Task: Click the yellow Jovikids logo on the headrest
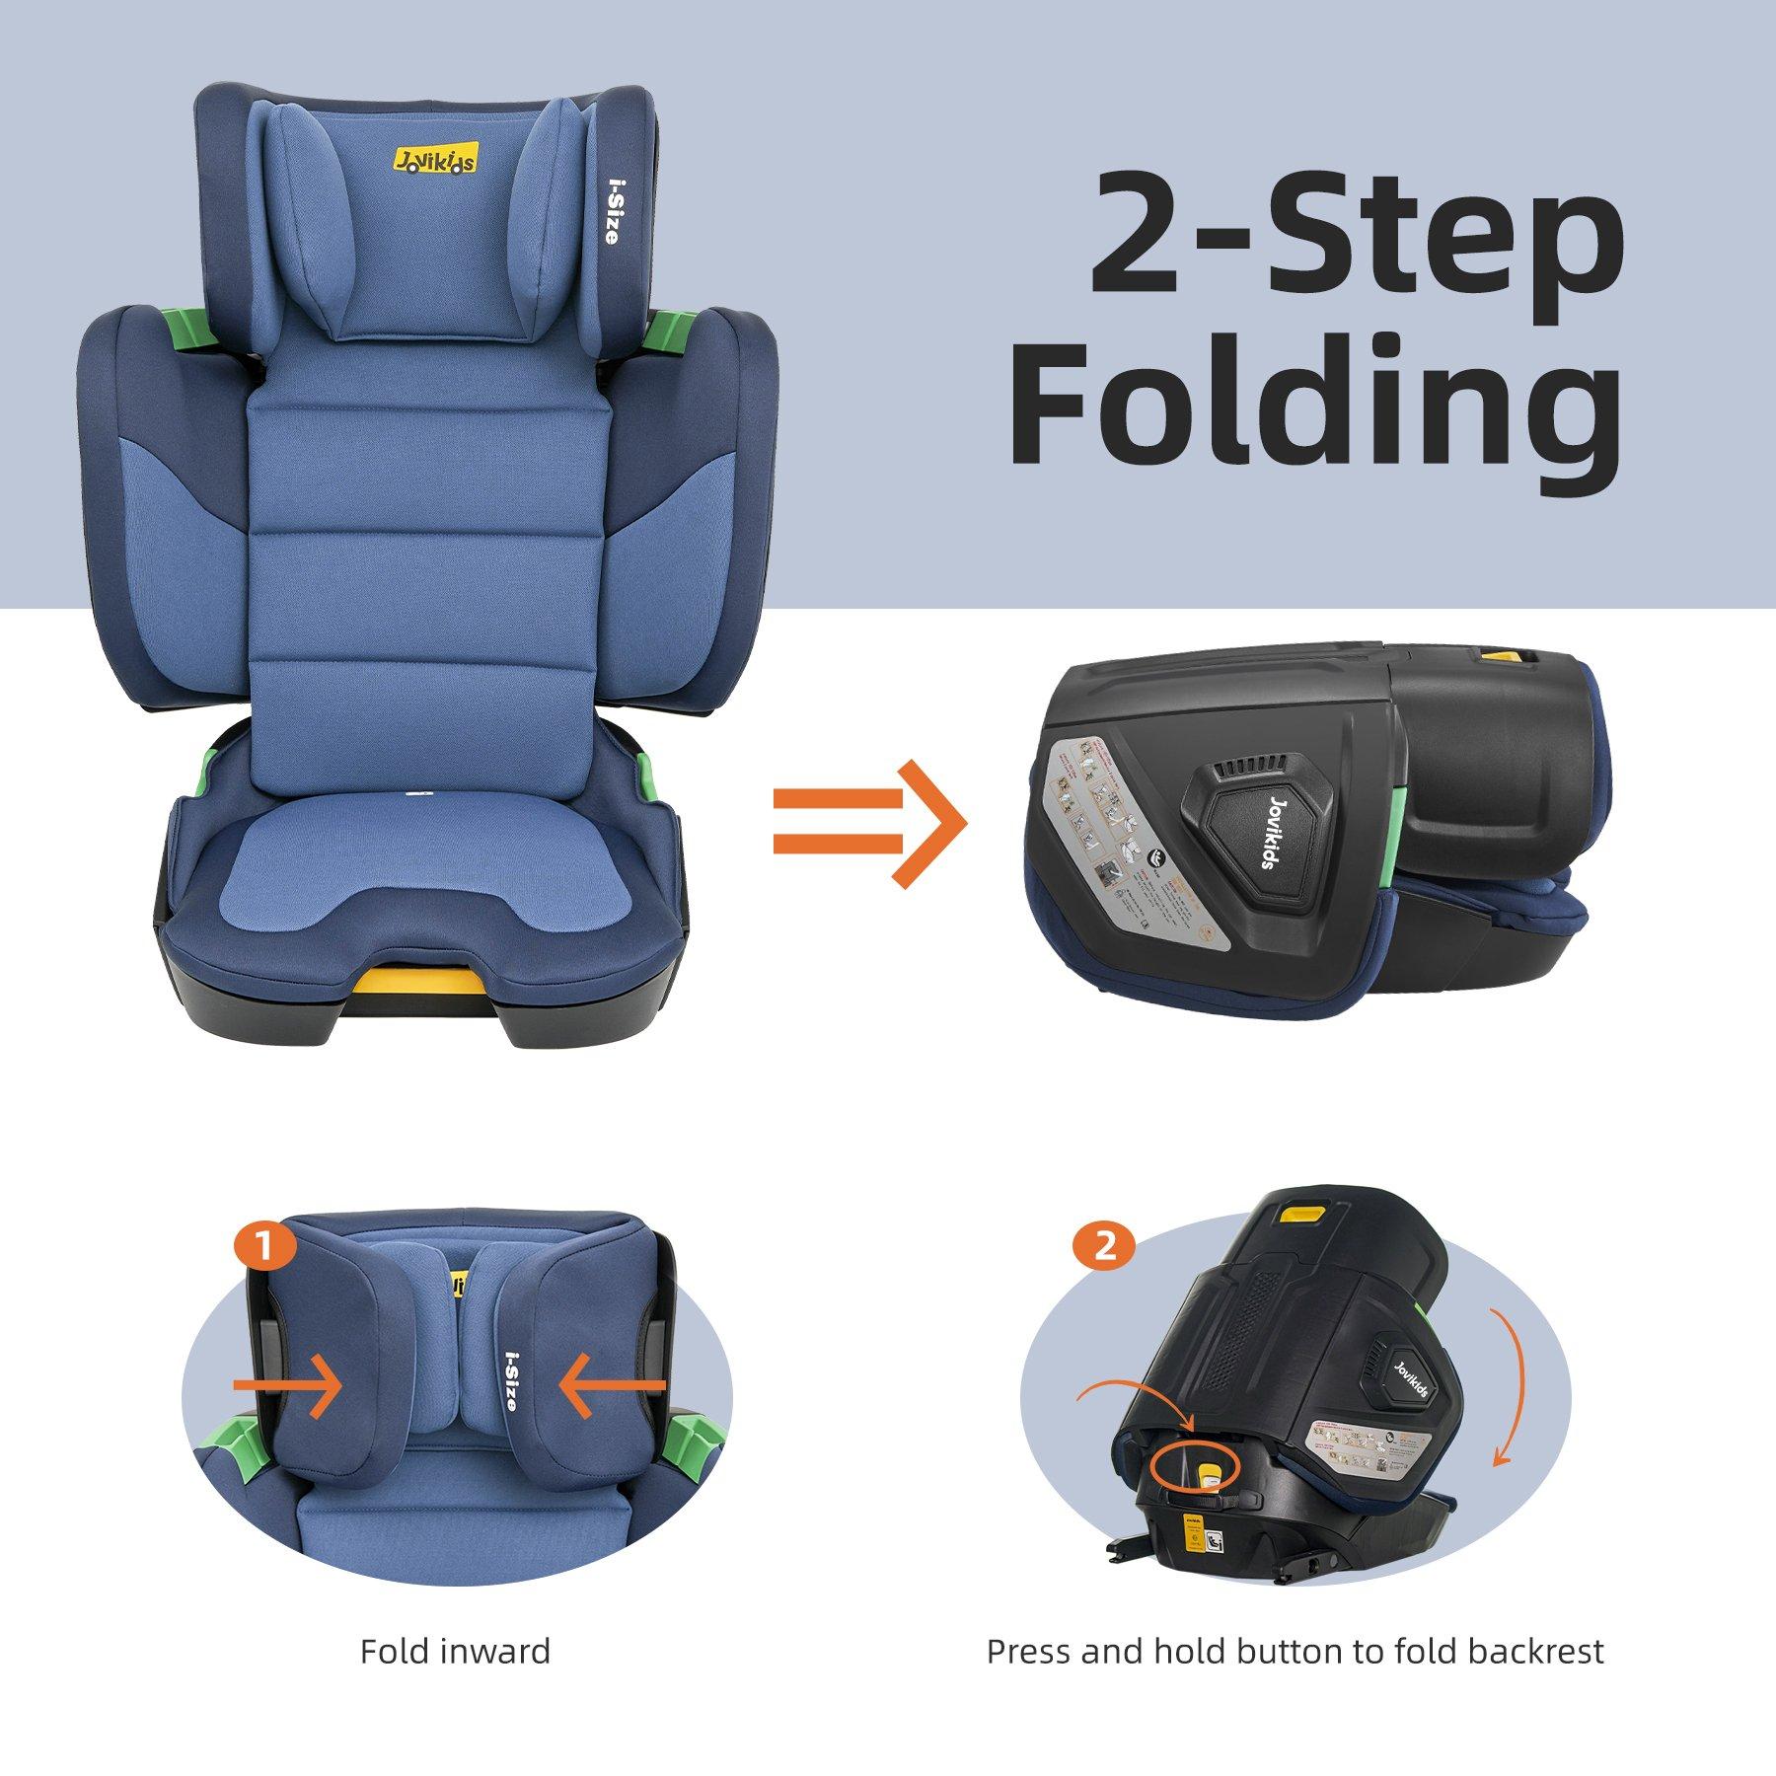tap(435, 159)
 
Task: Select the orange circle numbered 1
tap(264, 1248)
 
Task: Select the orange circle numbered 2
tap(1104, 1246)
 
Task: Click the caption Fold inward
tap(455, 1651)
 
